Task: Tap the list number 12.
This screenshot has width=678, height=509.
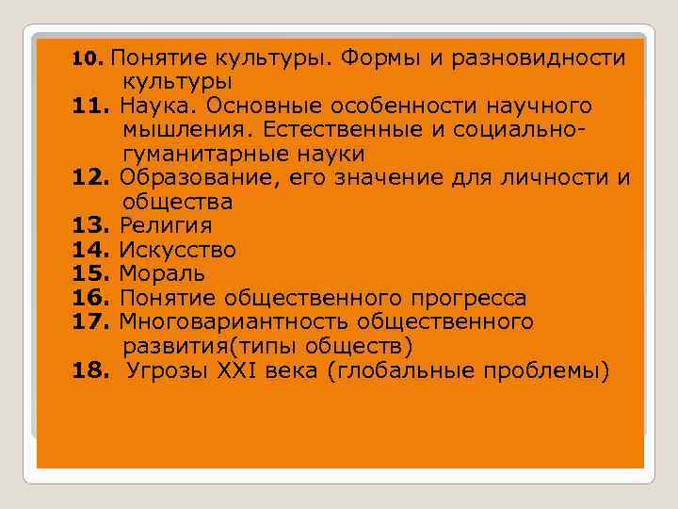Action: (92, 177)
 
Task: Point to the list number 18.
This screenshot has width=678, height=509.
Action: (92, 371)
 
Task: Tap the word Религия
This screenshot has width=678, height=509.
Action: (165, 226)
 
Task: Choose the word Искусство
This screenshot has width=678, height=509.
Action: (177, 251)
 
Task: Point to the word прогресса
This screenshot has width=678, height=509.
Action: (469, 299)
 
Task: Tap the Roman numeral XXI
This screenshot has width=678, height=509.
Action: (242, 371)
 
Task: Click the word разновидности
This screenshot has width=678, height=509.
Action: (540, 58)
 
